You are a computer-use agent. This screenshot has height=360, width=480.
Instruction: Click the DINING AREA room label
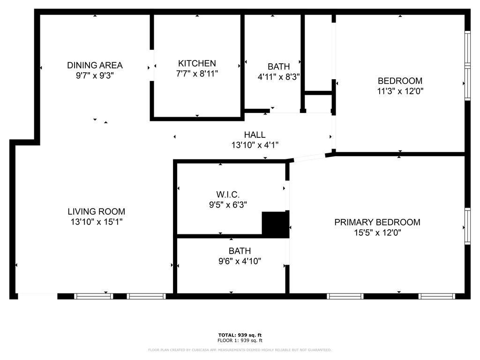(x=95, y=65)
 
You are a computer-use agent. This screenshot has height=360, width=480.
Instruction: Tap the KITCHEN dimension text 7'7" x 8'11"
(x=197, y=74)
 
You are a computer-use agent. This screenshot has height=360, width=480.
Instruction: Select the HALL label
(x=255, y=135)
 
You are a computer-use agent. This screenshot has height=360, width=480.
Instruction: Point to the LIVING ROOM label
(x=96, y=211)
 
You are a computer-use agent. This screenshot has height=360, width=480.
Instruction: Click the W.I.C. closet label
(x=228, y=194)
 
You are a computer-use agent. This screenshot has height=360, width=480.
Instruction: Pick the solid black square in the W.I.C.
(x=275, y=225)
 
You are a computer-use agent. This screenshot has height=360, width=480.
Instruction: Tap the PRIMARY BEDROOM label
(x=377, y=222)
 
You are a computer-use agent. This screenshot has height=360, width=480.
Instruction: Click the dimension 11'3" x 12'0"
(x=400, y=91)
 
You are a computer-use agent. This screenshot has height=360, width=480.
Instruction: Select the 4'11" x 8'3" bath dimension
(x=278, y=77)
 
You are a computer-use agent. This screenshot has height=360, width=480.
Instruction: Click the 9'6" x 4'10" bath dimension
(x=240, y=261)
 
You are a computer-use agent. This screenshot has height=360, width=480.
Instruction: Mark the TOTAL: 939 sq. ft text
(x=240, y=335)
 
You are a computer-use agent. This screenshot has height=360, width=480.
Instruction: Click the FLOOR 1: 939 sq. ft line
(x=240, y=341)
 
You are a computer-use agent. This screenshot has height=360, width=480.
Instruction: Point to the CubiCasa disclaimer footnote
(x=240, y=350)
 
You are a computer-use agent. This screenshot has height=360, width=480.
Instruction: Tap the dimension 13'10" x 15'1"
(x=96, y=222)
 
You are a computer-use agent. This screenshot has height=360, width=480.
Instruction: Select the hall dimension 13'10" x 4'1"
(x=255, y=145)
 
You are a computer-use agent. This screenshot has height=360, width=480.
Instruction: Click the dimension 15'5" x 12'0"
(x=377, y=232)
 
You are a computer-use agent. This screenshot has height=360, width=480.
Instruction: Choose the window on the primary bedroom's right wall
(x=467, y=226)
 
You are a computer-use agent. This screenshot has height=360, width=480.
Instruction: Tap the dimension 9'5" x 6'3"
(x=228, y=204)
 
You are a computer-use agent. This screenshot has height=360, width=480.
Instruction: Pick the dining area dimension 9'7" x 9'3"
(x=95, y=75)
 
